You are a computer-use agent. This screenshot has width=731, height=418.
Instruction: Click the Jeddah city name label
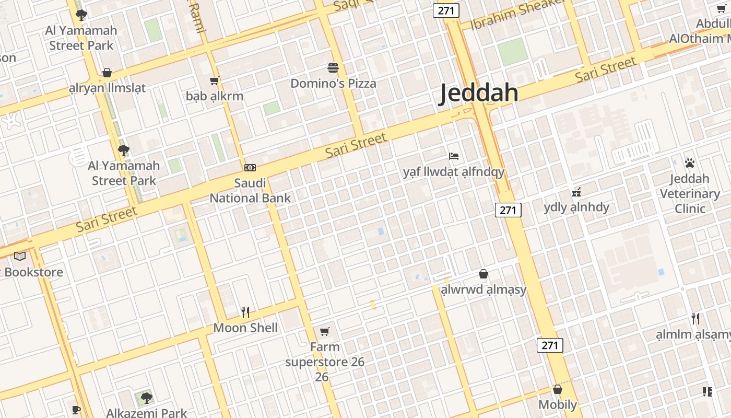[479, 93]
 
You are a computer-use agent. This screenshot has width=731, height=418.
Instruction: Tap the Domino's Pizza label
[333, 84]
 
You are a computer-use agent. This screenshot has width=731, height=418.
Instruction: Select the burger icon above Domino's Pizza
[333, 68]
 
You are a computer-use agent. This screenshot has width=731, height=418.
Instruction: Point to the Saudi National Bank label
[250, 191]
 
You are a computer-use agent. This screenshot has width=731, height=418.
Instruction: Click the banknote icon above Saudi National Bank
[250, 168]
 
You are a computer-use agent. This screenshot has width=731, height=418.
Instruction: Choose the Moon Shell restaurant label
[245, 328]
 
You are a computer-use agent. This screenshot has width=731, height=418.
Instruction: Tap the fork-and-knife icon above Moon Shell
[245, 312]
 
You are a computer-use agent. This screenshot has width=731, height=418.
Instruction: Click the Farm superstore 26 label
[324, 362]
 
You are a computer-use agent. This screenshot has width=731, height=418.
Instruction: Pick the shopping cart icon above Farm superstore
[324, 331]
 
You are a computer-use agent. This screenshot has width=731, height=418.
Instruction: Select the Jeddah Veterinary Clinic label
[690, 194]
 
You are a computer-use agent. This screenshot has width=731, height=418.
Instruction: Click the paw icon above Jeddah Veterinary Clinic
[690, 163]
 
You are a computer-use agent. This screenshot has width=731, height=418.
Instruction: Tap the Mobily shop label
[558, 405]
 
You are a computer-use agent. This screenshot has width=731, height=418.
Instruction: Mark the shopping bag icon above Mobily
[558, 389]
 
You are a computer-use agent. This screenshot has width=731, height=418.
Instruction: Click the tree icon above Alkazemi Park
[146, 398]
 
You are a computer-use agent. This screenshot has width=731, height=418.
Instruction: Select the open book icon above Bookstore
[20, 256]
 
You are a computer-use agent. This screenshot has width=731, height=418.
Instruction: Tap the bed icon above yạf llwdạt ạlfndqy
[454, 156]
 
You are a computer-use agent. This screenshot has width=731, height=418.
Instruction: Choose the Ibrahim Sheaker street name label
[518, 13]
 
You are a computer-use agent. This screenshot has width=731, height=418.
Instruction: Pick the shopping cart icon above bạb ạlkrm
[214, 81]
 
